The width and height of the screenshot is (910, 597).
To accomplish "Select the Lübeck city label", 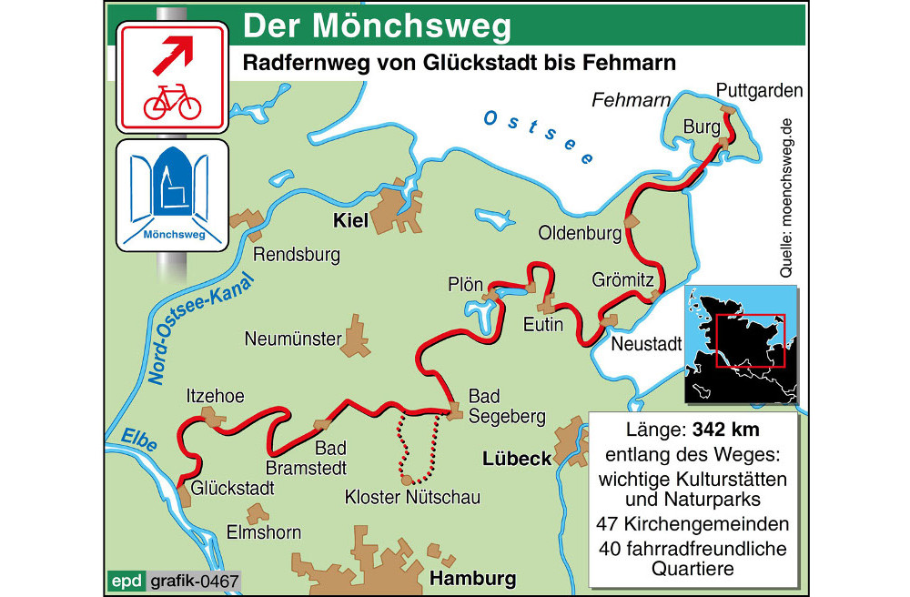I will (517, 458).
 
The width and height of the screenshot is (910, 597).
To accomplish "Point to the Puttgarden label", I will (759, 90).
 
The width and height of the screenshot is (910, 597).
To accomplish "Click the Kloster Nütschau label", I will (412, 497).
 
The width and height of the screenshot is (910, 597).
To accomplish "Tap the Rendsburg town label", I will (296, 255).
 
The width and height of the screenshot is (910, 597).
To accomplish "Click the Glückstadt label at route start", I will (232, 488).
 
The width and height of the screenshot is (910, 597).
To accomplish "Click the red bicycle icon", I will (172, 102).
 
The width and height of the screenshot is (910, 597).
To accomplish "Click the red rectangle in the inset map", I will (750, 340).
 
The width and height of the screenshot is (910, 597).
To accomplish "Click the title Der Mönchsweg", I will (376, 26).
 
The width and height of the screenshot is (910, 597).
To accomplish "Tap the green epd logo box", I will (125, 580).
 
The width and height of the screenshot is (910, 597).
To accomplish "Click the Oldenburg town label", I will (580, 233).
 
